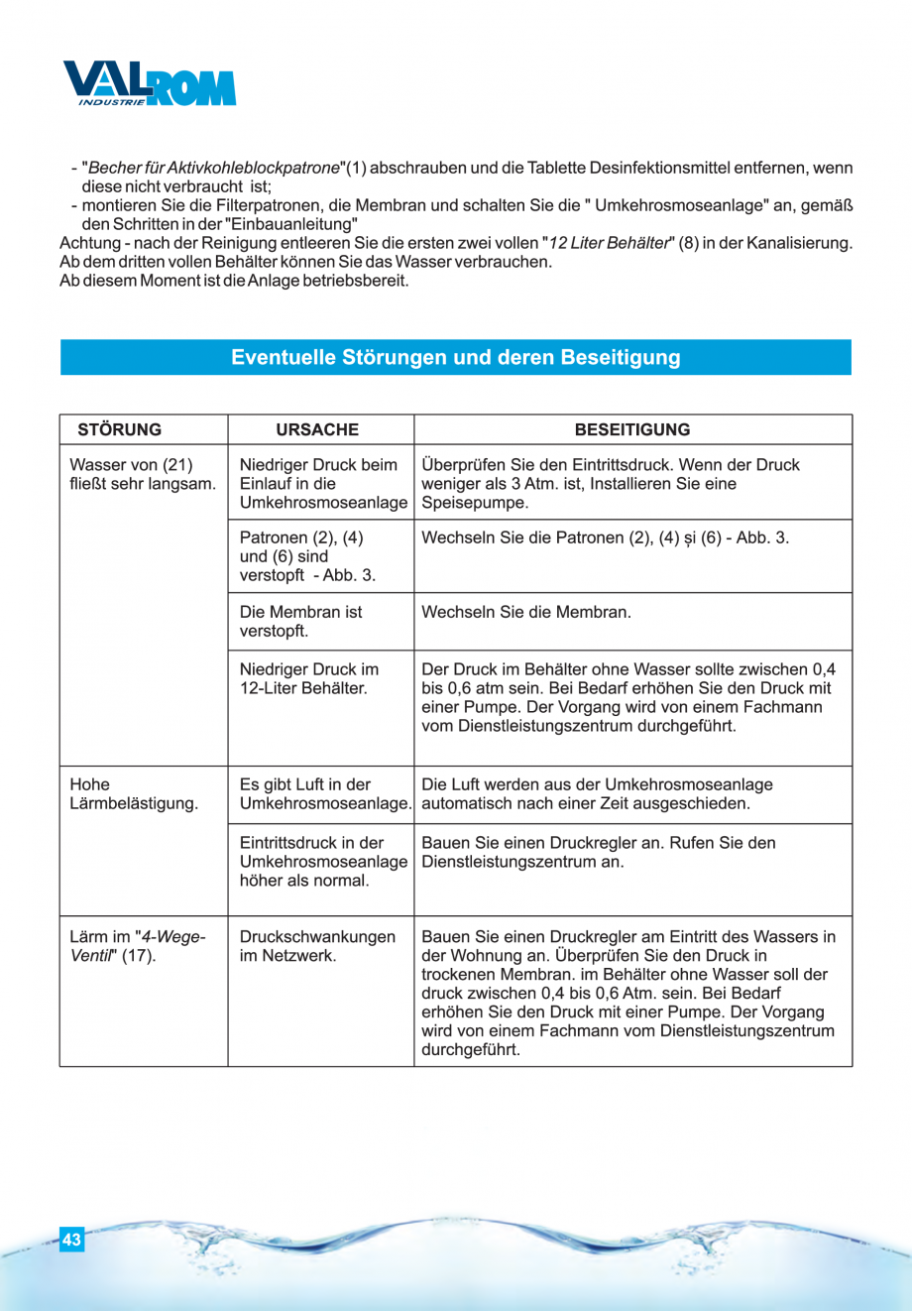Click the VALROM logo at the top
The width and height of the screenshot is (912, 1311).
pyautogui.click(x=150, y=84)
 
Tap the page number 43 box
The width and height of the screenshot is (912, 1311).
pyautogui.click(x=71, y=1240)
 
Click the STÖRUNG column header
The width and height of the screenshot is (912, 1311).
pyautogui.click(x=119, y=429)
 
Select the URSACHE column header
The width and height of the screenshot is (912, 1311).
pyautogui.click(x=317, y=429)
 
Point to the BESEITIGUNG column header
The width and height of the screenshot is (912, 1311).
pyautogui.click(x=632, y=429)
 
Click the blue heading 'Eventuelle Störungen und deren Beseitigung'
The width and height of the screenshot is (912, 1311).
pyautogui.click(x=456, y=357)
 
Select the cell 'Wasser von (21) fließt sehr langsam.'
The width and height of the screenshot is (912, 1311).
pyautogui.click(x=142, y=474)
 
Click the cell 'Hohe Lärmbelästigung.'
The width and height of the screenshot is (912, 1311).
pyautogui.click(x=134, y=793)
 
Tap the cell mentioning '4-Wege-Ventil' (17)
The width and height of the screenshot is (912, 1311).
pyautogui.click(x=137, y=946)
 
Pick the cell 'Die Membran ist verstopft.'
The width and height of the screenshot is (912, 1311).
pyautogui.click(x=300, y=621)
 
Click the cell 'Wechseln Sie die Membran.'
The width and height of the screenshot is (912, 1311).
pyautogui.click(x=526, y=612)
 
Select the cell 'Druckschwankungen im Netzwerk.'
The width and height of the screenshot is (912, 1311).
pyautogui.click(x=317, y=946)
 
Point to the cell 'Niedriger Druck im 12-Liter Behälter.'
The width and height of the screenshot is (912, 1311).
pyautogui.click(x=309, y=678)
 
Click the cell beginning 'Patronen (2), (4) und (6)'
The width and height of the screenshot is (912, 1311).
pyautogui.click(x=307, y=556)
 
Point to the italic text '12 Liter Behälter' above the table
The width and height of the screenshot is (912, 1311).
pyautogui.click(x=609, y=243)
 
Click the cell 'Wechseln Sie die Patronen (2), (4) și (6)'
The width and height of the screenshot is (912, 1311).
pyautogui.click(x=605, y=537)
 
